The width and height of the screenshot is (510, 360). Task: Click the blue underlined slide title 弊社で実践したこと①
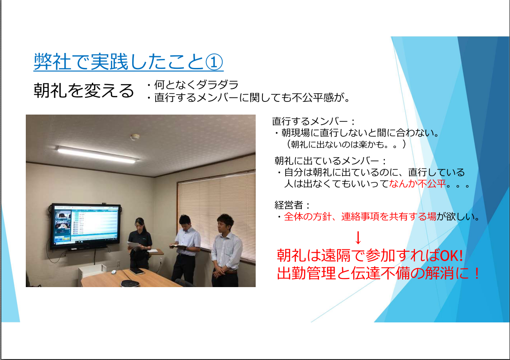[x=129, y=62]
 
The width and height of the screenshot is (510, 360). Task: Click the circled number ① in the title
[x=214, y=62]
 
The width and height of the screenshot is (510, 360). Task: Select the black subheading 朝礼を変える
[x=84, y=90]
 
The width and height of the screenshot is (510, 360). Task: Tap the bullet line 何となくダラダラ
[x=193, y=85]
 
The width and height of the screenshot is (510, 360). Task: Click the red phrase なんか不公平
[x=417, y=183]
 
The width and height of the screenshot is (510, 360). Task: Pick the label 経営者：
[x=292, y=205]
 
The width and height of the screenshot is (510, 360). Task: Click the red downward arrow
[x=358, y=238]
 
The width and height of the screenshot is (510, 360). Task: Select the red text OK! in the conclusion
[x=451, y=255]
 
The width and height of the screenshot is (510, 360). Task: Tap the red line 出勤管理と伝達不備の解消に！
[x=378, y=273]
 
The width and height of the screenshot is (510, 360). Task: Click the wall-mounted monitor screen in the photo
[x=86, y=225]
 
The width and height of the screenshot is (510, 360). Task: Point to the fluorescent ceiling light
[x=96, y=154]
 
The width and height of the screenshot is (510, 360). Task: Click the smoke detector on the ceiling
[x=135, y=137]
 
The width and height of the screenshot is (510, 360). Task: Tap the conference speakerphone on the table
[x=130, y=283]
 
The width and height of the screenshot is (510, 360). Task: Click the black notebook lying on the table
[x=137, y=271]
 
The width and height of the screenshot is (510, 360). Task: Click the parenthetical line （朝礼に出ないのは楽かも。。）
[x=345, y=144]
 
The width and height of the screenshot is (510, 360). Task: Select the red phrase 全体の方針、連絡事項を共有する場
[x=360, y=216]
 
